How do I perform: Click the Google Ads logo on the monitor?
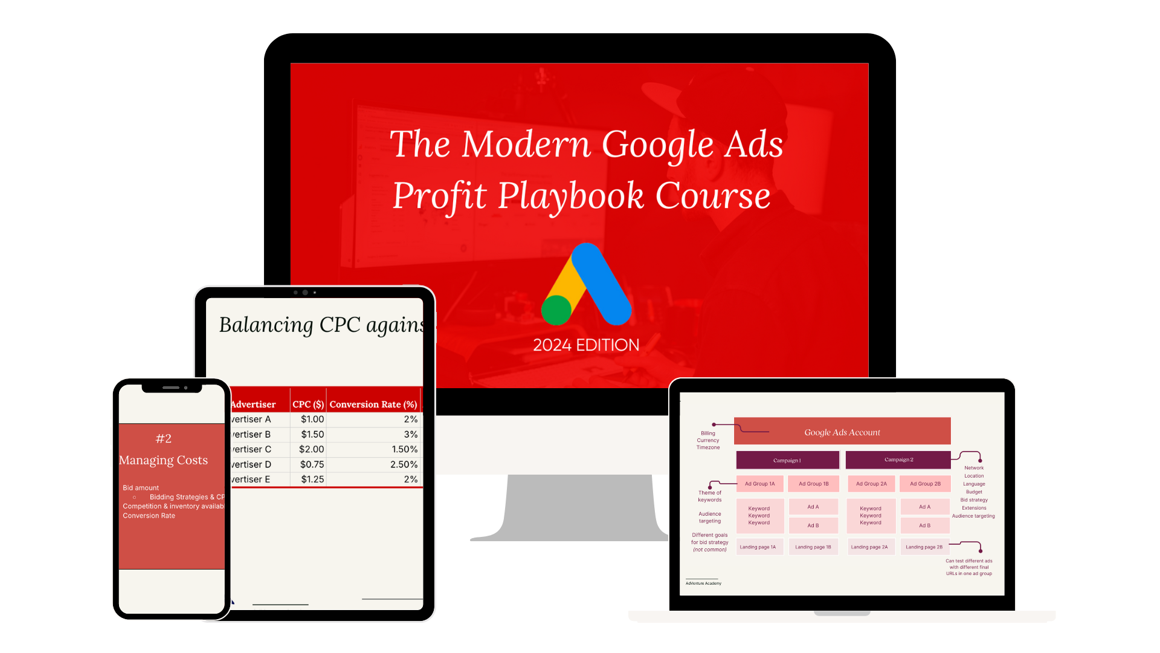tap(586, 284)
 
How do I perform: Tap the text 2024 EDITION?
tap(586, 345)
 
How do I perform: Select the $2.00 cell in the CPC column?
tap(311, 449)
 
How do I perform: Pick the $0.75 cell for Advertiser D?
tap(312, 464)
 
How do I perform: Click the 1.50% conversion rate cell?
tap(404, 449)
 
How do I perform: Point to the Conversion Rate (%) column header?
tap(373, 404)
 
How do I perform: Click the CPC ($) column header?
tap(308, 404)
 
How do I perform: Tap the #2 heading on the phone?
tap(164, 438)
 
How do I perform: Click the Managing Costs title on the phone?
tap(164, 460)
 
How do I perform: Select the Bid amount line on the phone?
tap(141, 488)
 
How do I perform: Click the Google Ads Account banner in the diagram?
tap(842, 432)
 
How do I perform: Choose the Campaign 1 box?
tap(787, 460)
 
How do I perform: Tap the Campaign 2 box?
tap(898, 460)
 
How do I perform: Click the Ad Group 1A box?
tap(759, 484)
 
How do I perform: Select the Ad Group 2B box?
tap(925, 484)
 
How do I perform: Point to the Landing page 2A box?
tap(869, 547)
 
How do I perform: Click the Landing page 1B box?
tap(813, 547)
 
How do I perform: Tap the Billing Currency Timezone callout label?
tap(708, 440)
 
